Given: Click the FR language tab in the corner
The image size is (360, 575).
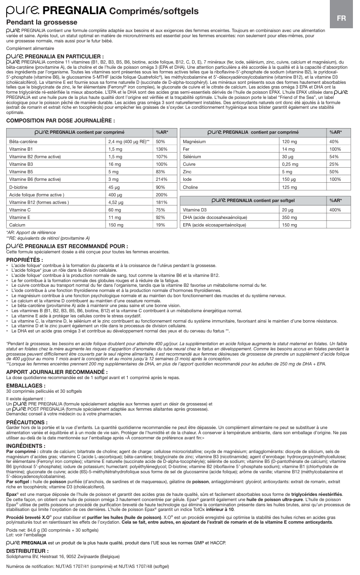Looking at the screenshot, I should [342, 18].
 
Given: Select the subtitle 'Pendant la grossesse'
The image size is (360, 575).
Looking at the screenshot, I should [41, 22].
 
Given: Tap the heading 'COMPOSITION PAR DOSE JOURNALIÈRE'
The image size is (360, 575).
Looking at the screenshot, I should [60, 121].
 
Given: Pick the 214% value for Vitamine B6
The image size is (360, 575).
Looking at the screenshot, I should [162, 179].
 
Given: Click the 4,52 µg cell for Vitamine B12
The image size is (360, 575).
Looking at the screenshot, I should [116, 202].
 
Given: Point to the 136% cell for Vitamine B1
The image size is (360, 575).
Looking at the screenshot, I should [162, 149].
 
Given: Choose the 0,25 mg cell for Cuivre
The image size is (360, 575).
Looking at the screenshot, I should [290, 164].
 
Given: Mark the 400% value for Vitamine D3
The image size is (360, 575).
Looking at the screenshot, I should [335, 210].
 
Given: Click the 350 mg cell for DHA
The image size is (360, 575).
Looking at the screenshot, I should [289, 218].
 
